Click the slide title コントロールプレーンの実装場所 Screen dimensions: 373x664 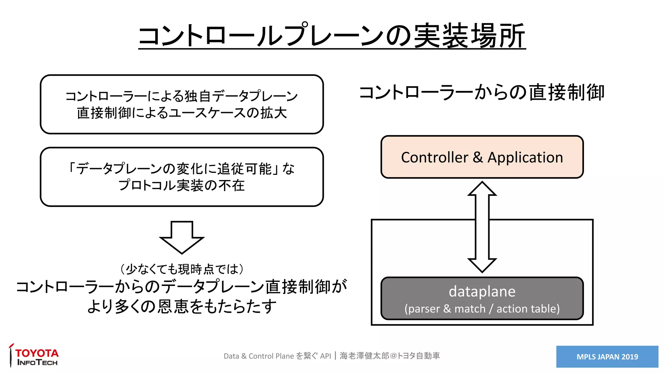tap(332, 36)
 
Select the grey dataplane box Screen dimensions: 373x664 tap(482, 298)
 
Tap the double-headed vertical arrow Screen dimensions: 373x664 tap(482, 227)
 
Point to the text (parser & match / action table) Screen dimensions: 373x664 tap(482, 309)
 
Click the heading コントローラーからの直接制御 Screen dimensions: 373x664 tap(482, 92)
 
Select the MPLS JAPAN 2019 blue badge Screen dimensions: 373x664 tap(607, 356)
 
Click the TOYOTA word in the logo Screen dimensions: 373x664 tap(37, 353)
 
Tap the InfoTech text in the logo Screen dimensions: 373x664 tap(37, 363)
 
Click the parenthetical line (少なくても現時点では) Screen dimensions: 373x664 tap(182, 269)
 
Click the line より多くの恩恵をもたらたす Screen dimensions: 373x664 tap(182, 306)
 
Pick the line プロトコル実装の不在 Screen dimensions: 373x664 tap(182, 186)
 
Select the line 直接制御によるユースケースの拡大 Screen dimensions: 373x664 tap(182, 113)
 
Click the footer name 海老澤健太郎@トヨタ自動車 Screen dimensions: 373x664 tap(390, 356)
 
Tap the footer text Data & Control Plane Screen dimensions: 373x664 tap(258, 356)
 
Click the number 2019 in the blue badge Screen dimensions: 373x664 tap(630, 357)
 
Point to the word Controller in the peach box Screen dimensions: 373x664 tap(434, 158)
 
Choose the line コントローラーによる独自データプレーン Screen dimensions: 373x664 tap(182, 96)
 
